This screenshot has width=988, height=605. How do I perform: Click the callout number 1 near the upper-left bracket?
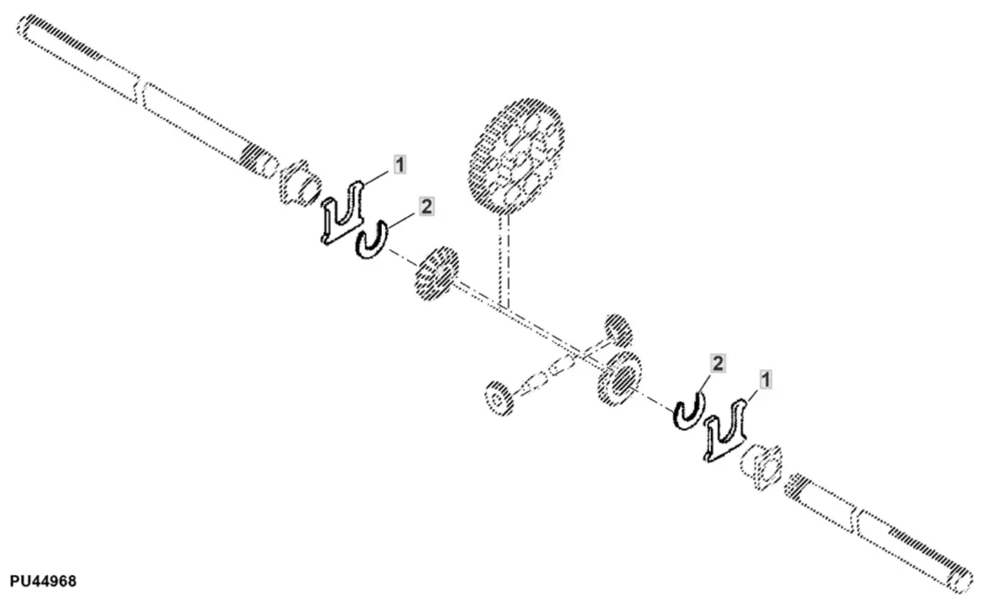pos(400,166)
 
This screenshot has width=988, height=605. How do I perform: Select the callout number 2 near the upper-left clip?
pos(426,207)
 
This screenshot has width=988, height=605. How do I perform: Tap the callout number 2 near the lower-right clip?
pos(718,363)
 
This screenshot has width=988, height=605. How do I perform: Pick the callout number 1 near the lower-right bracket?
pos(765,381)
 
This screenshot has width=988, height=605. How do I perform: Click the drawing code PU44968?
pos(43,581)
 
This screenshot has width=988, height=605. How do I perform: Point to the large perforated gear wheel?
pos(515,156)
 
